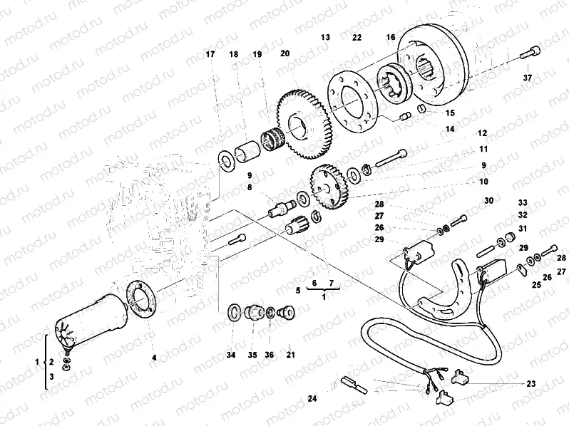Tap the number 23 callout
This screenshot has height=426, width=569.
point(530,384)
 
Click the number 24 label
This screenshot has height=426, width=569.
point(312,398)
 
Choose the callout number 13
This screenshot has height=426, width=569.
point(325,36)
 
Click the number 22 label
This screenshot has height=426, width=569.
point(357,36)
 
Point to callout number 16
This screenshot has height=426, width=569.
point(391,36)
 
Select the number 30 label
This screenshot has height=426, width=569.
point(488,202)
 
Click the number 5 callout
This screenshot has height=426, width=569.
point(299,291)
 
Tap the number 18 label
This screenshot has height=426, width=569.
point(233,54)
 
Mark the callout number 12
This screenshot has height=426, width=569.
point(482,133)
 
